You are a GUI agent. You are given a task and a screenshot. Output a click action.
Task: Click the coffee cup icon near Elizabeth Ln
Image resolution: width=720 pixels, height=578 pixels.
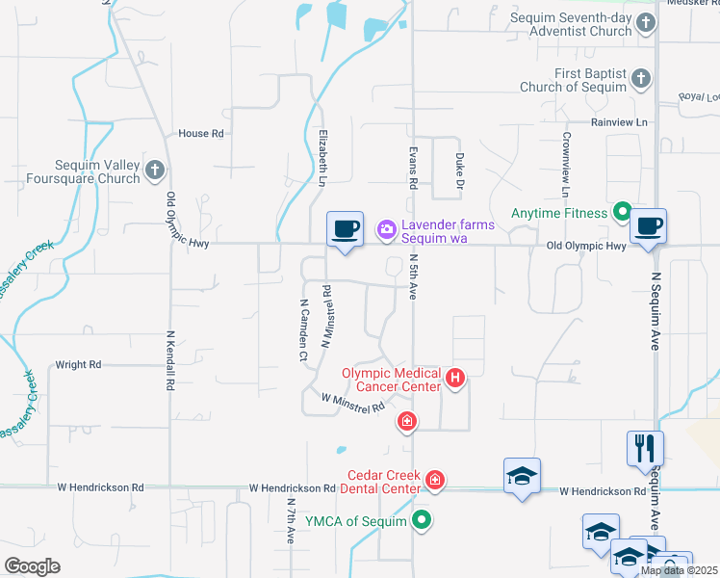[345, 229]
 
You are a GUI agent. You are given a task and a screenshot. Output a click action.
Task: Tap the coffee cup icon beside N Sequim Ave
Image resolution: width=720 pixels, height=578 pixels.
[648, 226]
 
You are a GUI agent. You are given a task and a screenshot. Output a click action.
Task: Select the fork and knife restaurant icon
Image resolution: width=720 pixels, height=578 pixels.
[644, 449]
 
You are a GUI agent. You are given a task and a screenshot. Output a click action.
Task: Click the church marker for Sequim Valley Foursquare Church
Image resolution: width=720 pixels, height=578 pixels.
[155, 171]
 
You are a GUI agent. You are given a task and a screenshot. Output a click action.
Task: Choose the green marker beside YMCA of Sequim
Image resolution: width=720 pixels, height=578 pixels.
[421, 521]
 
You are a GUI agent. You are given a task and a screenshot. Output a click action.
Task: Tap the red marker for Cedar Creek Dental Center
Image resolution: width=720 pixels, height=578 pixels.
[435, 480]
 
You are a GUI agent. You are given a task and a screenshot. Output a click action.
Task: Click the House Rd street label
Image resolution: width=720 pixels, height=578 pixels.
[201, 133]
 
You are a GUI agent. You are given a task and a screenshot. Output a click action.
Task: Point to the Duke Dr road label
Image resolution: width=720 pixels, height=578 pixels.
[460, 171]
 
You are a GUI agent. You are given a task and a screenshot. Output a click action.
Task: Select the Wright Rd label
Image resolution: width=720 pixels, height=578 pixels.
[78, 365]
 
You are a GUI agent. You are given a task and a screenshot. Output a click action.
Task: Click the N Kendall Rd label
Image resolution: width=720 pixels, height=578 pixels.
[169, 360]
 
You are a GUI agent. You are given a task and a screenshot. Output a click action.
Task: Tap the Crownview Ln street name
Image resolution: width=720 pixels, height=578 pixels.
[567, 160]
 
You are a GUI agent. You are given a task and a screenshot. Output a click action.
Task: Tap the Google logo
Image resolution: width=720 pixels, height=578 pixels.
[32, 566]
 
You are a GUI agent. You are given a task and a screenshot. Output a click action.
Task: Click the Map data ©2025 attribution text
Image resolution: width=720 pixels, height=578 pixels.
[679, 570]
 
